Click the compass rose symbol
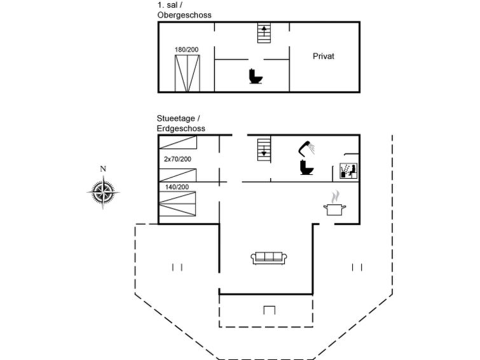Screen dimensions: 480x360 coord(103,192)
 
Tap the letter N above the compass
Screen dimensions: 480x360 coord(103,169)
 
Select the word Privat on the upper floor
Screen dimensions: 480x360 coord(323,57)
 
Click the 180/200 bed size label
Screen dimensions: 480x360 coord(186,50)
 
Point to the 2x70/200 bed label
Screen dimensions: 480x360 coord(177,159)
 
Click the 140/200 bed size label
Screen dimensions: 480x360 coord(177,187)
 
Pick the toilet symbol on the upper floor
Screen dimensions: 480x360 coord(256,76)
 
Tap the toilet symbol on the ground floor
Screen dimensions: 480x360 coord(306,167)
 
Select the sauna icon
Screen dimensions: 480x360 coord(348,170)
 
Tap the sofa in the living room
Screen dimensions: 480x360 coord(269,258)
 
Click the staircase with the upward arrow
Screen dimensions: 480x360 coord(264,33)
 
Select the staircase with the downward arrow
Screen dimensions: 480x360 coord(264,150)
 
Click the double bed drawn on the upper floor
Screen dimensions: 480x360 coord(188,73)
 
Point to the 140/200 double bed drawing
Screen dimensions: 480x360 coord(177,204)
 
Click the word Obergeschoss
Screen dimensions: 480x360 coord(184,15)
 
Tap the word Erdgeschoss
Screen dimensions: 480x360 coord(181,128)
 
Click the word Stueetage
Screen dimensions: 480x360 coord(175,118)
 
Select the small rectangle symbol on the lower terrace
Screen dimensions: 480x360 coord(270,310)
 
